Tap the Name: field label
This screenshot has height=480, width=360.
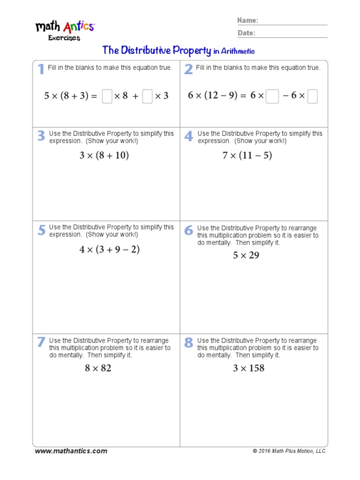pyautogui.click(x=247, y=21)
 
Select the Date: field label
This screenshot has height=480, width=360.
pyautogui.click(x=246, y=33)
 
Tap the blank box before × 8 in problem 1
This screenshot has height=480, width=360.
pyautogui.click(x=107, y=96)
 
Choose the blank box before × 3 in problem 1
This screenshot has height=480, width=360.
pyautogui.click(x=147, y=96)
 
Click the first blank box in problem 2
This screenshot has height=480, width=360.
pyautogui.click(x=272, y=96)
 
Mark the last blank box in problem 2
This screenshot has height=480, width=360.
pyautogui.click(x=313, y=96)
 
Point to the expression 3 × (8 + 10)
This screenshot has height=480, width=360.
pyautogui.click(x=104, y=155)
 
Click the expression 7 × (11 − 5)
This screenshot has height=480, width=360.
pyautogui.click(x=247, y=155)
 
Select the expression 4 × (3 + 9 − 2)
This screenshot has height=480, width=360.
pyautogui.click(x=110, y=249)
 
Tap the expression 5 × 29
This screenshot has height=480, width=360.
pyautogui.click(x=246, y=255)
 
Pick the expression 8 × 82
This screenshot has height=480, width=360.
pyautogui.click(x=98, y=368)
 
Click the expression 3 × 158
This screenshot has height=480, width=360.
pyautogui.click(x=248, y=368)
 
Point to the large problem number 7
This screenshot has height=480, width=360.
pyautogui.click(x=41, y=343)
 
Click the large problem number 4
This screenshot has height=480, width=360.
pyautogui.click(x=188, y=136)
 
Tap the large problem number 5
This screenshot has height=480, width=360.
pyautogui.click(x=42, y=230)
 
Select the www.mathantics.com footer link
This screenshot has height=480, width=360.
pyautogui.click(x=71, y=451)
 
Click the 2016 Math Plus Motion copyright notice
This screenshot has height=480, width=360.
pyautogui.click(x=289, y=451)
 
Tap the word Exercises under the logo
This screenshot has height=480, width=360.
pyautogui.click(x=64, y=38)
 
